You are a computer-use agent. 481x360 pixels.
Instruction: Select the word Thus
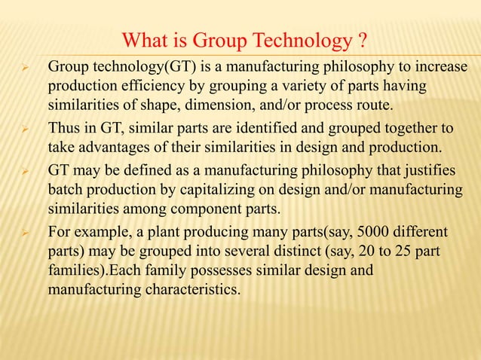point(63,128)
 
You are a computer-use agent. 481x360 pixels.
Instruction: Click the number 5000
point(363,227)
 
